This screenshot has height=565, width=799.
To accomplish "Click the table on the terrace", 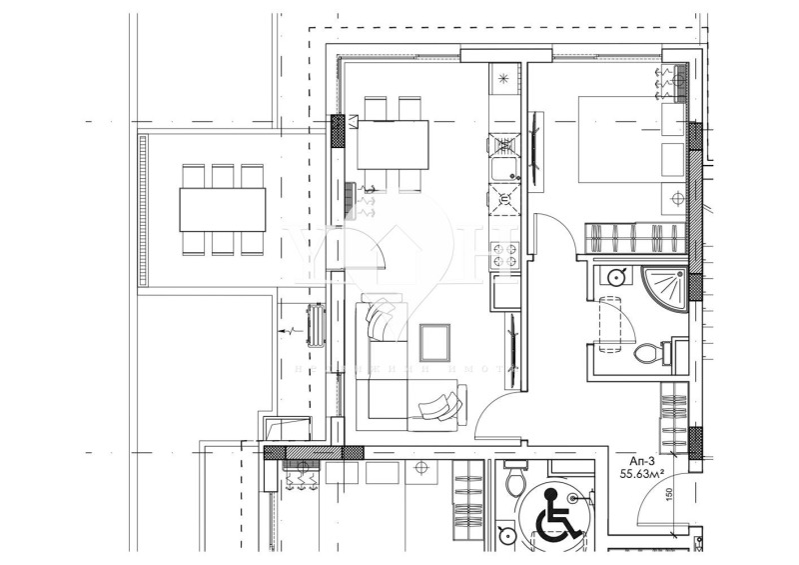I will [222, 209].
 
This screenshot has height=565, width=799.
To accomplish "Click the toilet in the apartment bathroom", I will [650, 352].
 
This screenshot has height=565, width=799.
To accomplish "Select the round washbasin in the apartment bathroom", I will [611, 279].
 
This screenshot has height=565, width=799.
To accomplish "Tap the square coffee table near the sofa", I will [434, 343].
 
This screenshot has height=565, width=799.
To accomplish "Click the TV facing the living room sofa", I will [512, 340].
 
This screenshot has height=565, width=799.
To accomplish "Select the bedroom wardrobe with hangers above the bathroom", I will [635, 238].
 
